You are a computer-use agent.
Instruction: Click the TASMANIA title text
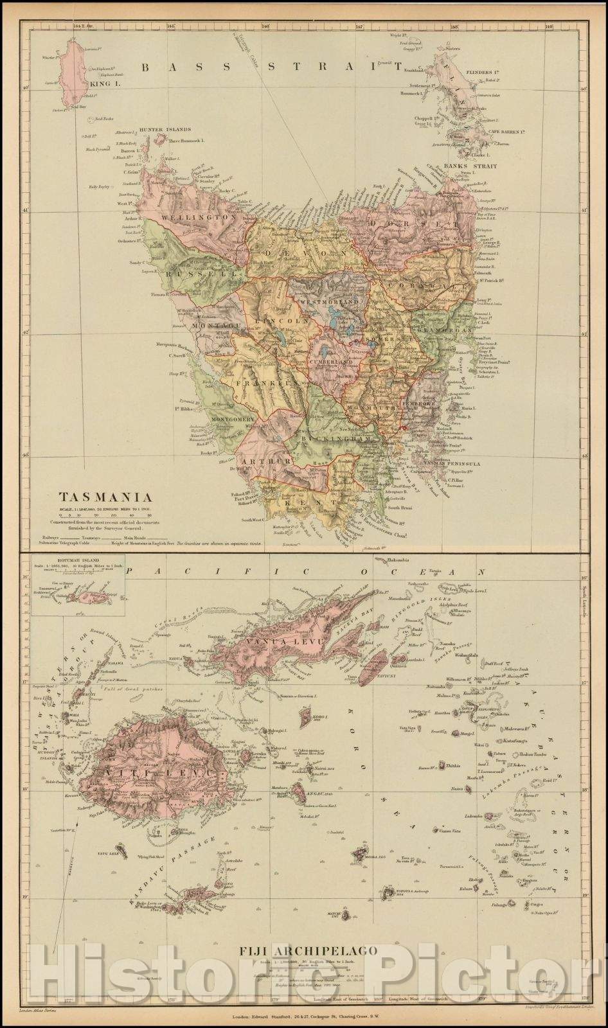[105, 497]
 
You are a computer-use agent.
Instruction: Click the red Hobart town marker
[403, 427]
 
